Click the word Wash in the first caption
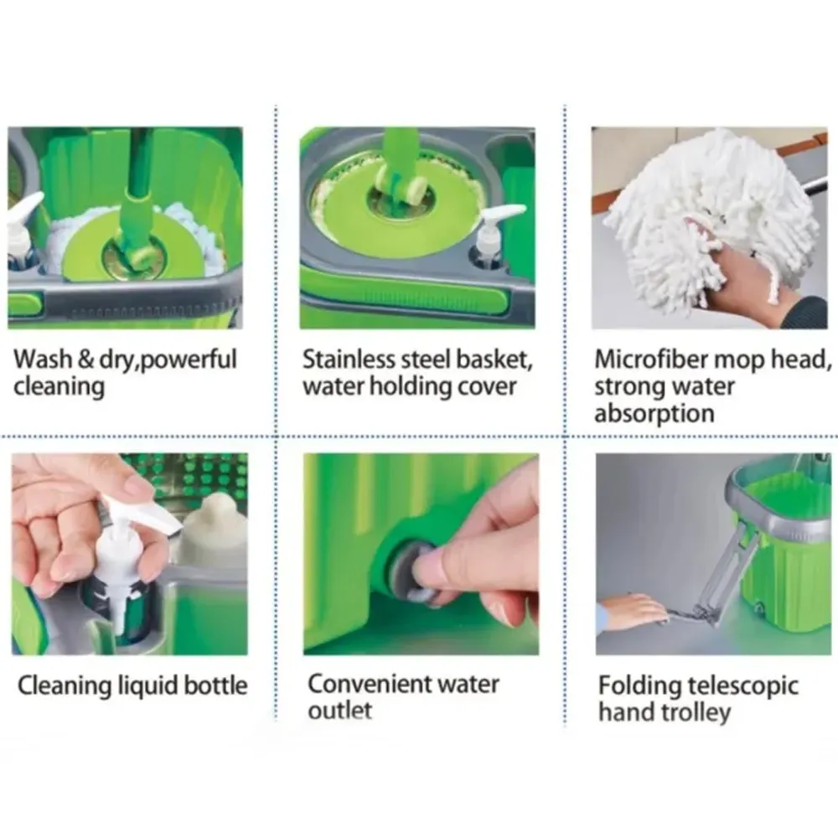tap(43, 360)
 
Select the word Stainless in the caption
tap(349, 360)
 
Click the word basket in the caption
tap(495, 360)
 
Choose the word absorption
tap(654, 414)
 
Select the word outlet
tap(340, 711)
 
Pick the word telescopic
tap(742, 686)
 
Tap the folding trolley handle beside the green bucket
tap(727, 572)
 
